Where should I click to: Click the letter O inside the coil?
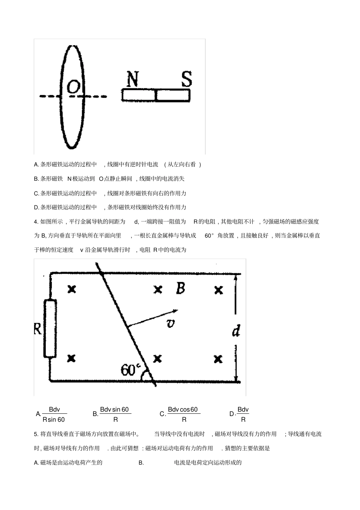74,88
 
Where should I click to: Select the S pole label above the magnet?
186,79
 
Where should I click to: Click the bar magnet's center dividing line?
156,95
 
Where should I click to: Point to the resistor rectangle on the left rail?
50,328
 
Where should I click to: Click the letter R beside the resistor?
38,328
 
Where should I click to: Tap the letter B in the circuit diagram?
180,288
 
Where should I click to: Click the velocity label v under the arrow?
171,323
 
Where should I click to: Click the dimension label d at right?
236,332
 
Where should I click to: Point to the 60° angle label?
130,369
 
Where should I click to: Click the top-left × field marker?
72,289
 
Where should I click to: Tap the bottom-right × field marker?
218,358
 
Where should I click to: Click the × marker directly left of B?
158,290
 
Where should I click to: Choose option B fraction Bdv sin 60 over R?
115,414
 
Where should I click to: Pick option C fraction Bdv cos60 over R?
183,414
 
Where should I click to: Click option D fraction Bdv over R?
243,414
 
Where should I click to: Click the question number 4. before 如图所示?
36,222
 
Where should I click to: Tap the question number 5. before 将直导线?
36,434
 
